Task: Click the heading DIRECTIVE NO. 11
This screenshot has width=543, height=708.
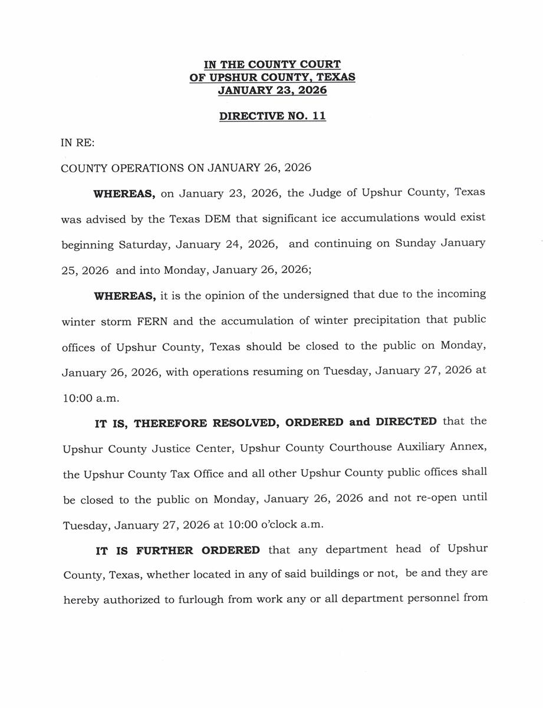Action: click(x=272, y=116)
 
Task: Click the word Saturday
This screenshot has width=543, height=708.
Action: click(x=144, y=244)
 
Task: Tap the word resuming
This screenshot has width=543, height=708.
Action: click(x=285, y=372)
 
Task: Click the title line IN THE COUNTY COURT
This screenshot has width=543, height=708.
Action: click(x=272, y=64)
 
